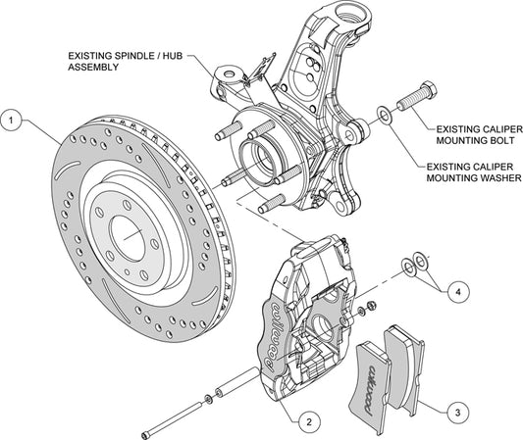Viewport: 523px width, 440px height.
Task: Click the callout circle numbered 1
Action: [x=12, y=121]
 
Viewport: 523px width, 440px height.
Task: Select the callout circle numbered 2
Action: [x=309, y=421]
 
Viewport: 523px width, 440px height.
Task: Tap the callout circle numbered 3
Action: [x=457, y=413]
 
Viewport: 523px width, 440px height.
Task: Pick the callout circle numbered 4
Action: [x=458, y=292]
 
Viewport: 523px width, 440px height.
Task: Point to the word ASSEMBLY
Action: [x=93, y=67]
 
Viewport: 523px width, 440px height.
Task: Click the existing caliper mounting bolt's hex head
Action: [x=427, y=89]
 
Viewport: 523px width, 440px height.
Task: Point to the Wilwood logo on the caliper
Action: [x=272, y=336]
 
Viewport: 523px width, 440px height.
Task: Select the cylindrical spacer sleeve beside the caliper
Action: [x=237, y=381]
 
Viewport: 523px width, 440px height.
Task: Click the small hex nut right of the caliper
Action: [x=370, y=305]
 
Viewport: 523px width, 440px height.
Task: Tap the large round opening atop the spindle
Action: [x=349, y=12]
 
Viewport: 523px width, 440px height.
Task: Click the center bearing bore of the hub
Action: [x=258, y=159]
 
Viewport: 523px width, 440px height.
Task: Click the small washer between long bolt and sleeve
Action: [x=209, y=399]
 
